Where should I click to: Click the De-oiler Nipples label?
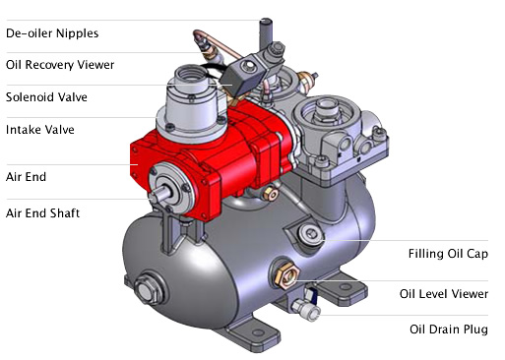pos(52,33)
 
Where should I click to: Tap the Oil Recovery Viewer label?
pos(60,65)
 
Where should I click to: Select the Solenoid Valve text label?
pos(46,97)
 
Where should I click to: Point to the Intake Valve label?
pos(40,130)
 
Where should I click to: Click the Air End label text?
pos(26,177)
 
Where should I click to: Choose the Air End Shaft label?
pos(42,213)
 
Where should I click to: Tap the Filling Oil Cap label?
pos(448,254)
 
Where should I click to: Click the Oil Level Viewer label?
pos(444,294)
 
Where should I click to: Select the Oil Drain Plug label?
pos(449,330)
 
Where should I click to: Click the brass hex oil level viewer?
pos(286,274)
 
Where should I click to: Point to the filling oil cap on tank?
pos(310,234)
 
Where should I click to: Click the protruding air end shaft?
pos(159,194)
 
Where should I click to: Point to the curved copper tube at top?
pos(217,41)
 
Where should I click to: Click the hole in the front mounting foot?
pos(258,332)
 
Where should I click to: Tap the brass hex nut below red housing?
pos(271,193)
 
